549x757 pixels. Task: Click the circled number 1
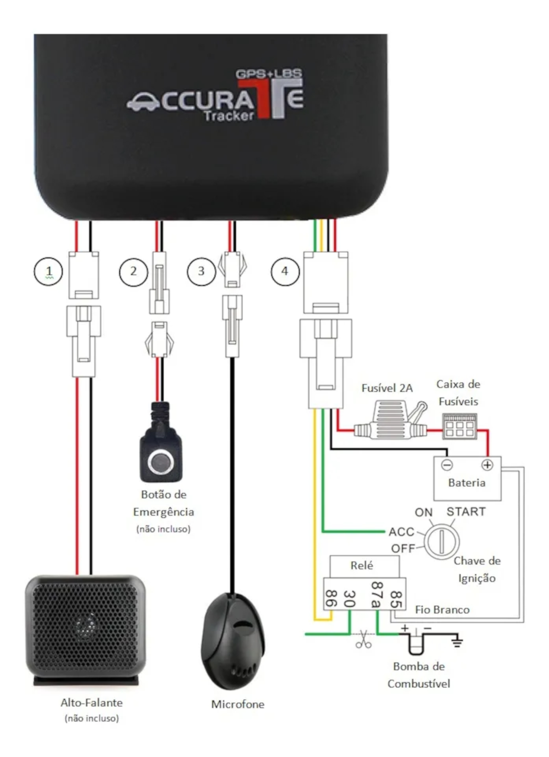coord(48,271)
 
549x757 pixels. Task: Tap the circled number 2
coord(134,272)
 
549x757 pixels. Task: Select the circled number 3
coord(201,271)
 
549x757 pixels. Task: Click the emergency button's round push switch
coord(161,461)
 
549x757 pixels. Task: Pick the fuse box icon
coord(459,426)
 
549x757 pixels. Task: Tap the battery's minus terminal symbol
coord(447,465)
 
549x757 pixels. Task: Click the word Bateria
coord(467,483)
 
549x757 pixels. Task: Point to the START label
coord(466,512)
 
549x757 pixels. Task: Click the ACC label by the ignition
coord(401,532)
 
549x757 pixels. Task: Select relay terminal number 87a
coord(376,594)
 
